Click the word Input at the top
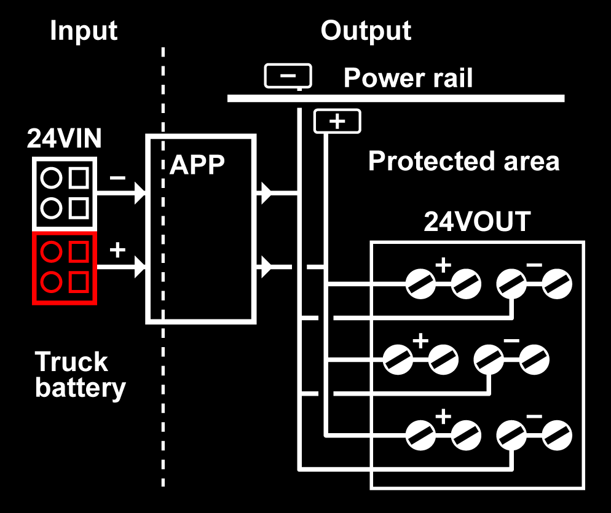coord(84,30)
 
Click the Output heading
coord(366,30)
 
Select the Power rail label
coord(408,78)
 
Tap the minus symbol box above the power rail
coord(288,76)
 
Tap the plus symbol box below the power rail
coord(337,121)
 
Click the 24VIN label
coord(64,139)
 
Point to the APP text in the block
coord(197,164)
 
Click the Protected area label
coord(463,161)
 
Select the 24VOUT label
coord(477,222)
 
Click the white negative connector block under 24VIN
coord(65,193)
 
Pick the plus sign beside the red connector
coord(117,250)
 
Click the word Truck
coord(71,362)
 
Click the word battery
coord(80,388)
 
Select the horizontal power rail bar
coord(396,98)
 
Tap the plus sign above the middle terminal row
coord(420,341)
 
